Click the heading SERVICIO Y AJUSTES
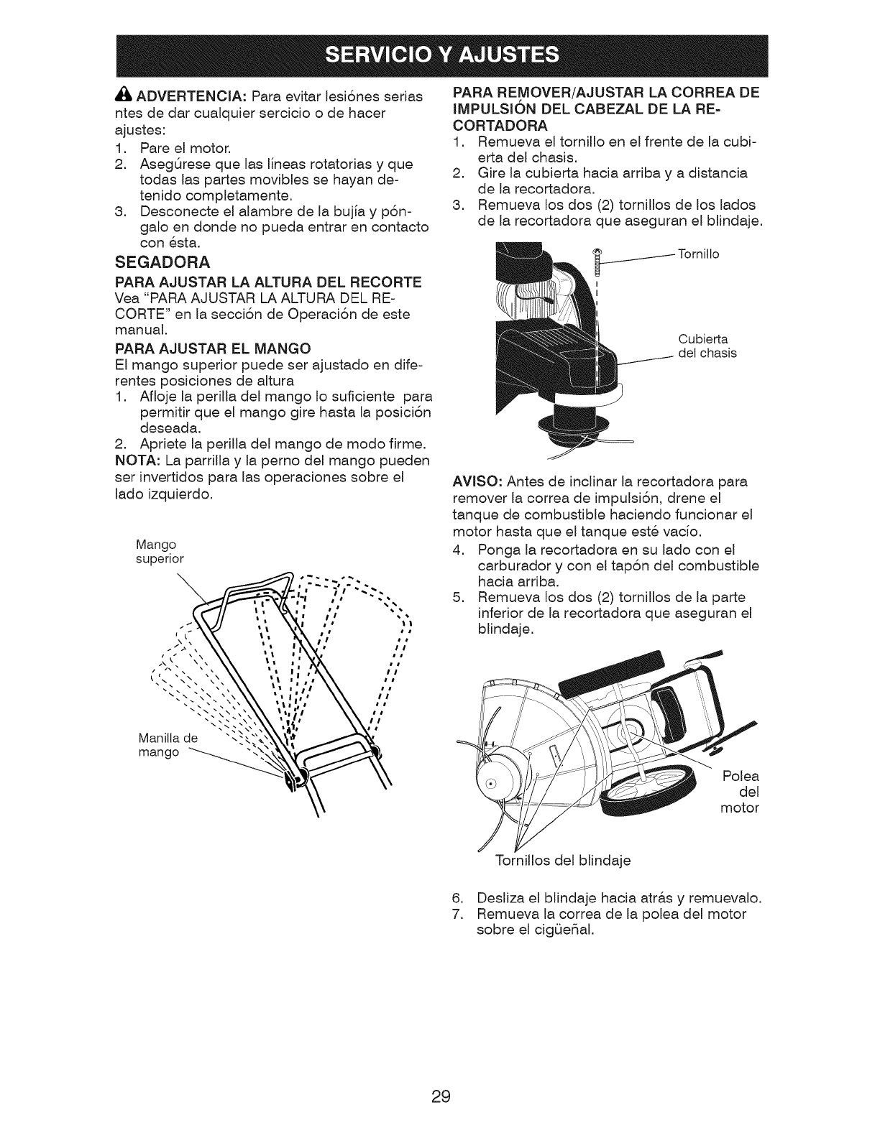tap(440, 54)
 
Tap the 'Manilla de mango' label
tap(167, 745)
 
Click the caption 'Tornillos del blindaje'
tap(563, 860)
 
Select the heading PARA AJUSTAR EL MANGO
tap(213, 348)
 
